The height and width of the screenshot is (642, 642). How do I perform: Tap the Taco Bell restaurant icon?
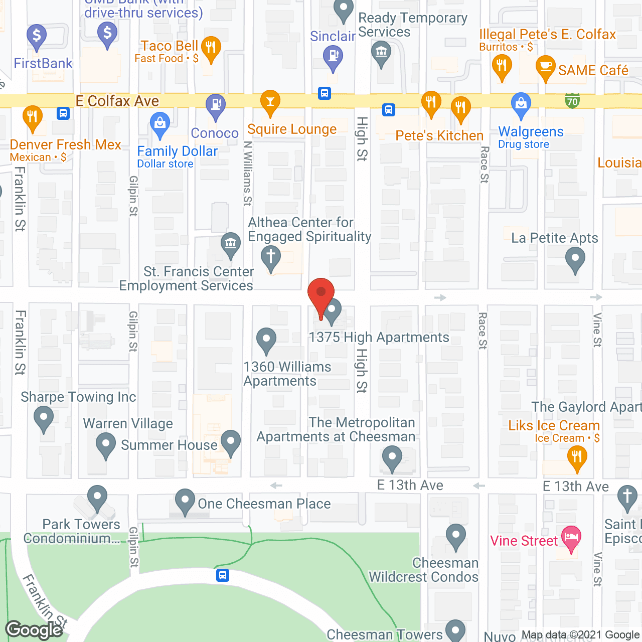pos(211,48)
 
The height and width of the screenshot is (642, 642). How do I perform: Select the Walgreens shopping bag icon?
pos(521,104)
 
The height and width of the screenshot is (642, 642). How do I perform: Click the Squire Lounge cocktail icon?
pos(270,102)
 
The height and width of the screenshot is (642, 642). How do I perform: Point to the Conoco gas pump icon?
pos(216,105)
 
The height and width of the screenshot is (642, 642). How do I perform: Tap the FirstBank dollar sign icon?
pos(36,36)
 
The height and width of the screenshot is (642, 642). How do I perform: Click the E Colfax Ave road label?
pos(117,101)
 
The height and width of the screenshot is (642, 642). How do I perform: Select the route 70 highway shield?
pos(572,101)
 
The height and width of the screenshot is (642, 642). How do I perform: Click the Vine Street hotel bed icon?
pos(571,538)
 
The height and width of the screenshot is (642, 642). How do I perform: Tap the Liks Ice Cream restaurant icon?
pos(577,457)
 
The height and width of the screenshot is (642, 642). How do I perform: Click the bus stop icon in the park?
pos(223,575)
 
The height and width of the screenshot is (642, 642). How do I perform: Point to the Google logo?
pos(34,630)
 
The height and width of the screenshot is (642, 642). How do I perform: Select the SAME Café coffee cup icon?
pos(545,67)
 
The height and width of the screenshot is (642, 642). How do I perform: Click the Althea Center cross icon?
pos(271,257)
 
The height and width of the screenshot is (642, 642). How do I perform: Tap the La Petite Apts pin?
pos(575,259)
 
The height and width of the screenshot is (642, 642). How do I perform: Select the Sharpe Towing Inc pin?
pos(44,417)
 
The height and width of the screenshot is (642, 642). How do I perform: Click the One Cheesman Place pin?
pos(185,501)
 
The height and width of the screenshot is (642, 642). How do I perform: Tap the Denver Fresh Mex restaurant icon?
pos(33,117)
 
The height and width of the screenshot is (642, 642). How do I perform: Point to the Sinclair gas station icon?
pos(333,56)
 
